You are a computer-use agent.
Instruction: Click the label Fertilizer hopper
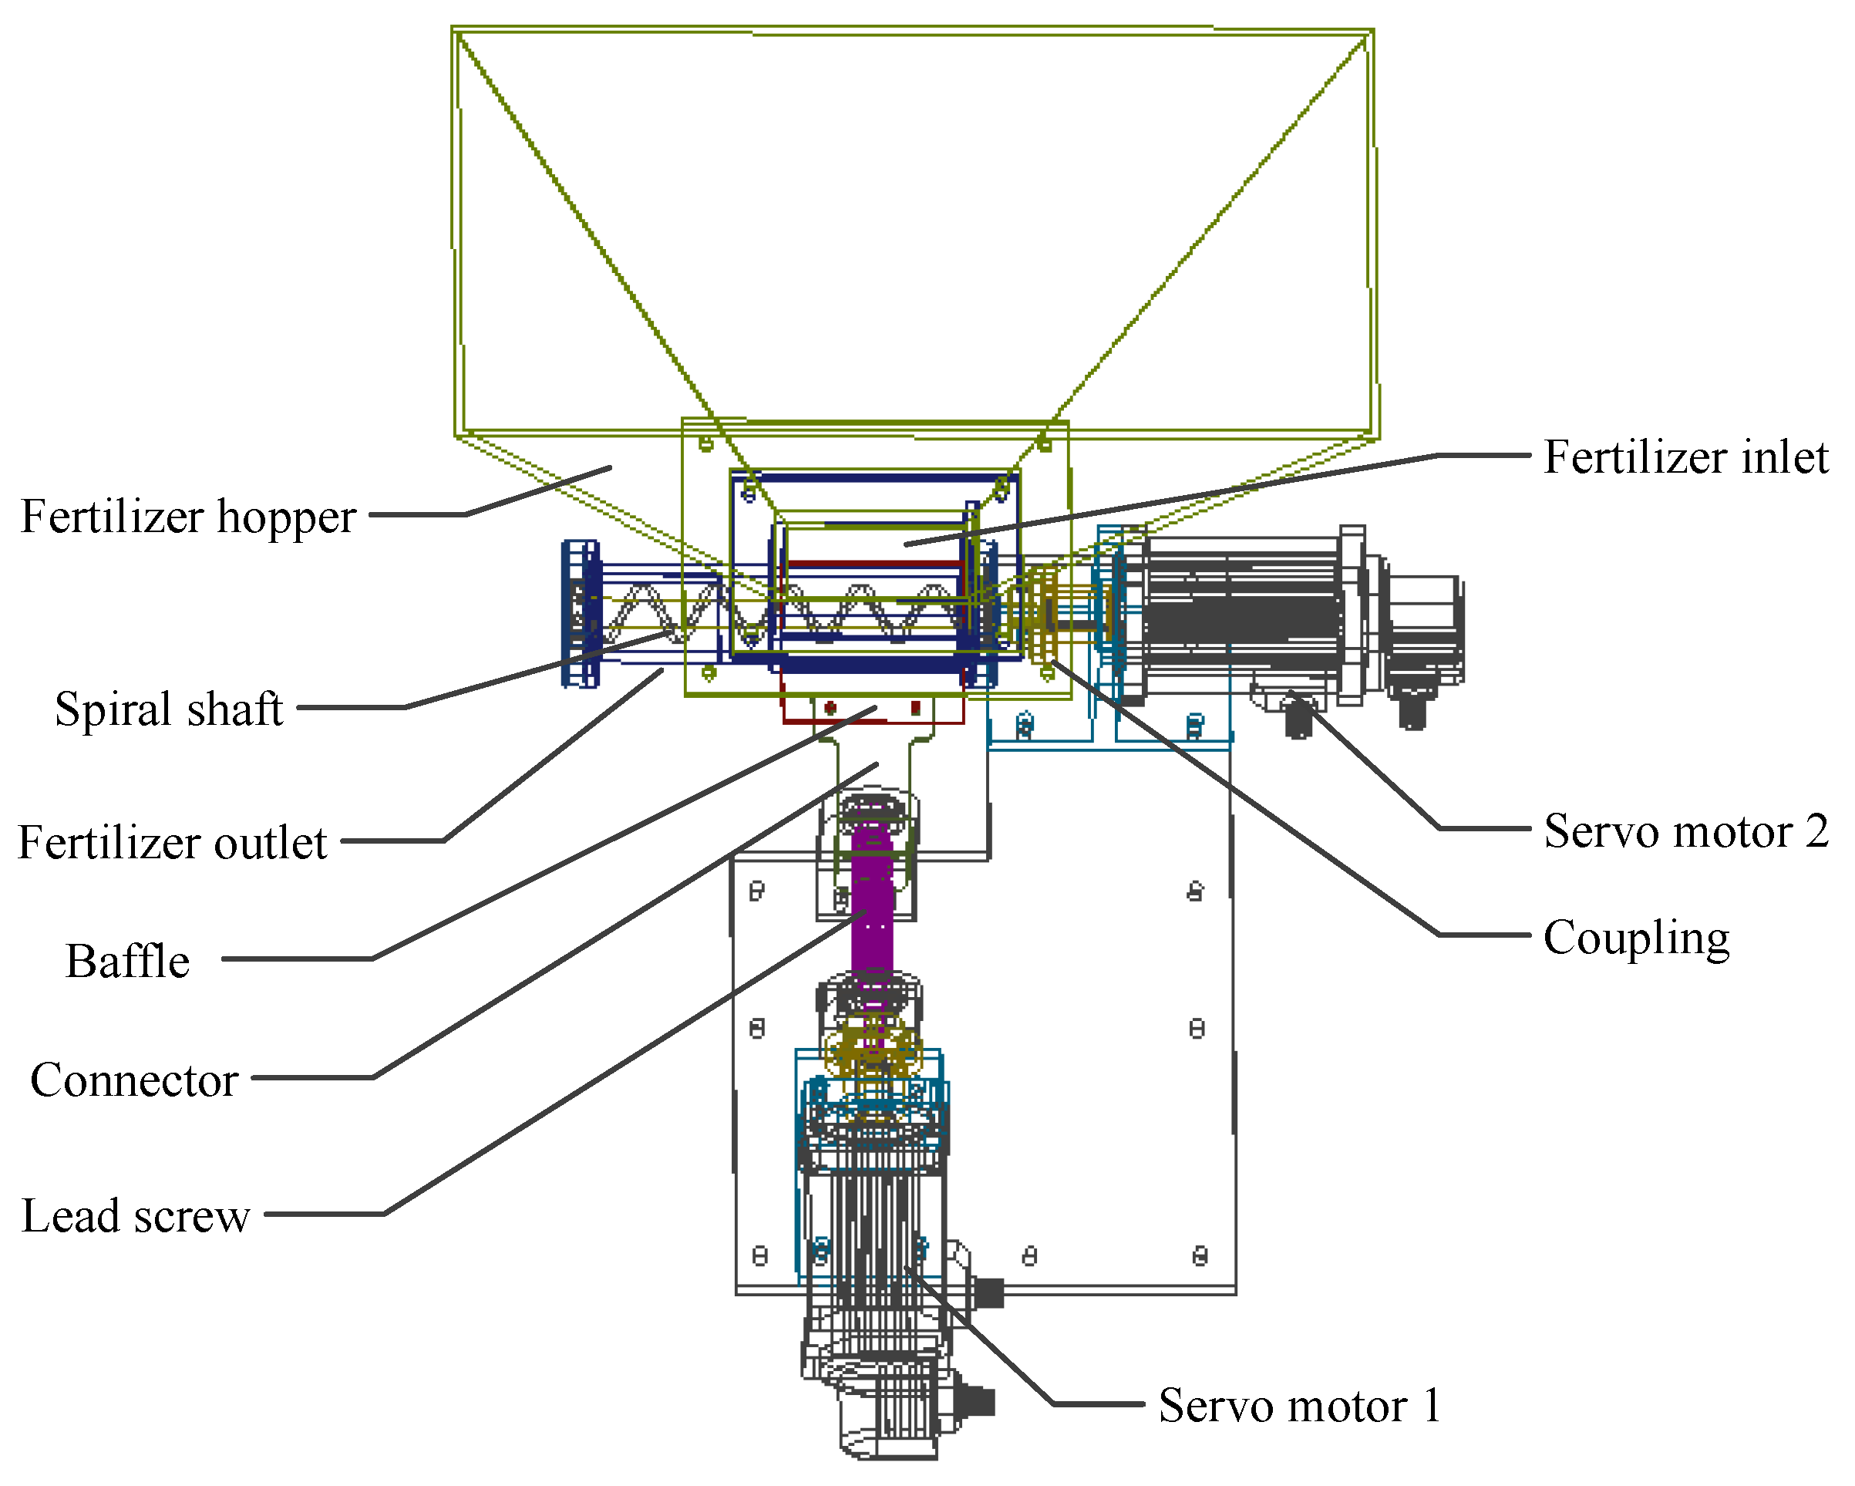point(187,517)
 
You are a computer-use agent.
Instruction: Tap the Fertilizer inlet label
point(1685,457)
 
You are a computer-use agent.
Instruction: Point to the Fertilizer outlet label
point(172,842)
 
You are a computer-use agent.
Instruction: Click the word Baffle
point(127,961)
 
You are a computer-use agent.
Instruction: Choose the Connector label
point(133,1080)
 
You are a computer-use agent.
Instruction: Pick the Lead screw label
point(135,1216)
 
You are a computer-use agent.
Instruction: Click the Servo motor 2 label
point(1685,831)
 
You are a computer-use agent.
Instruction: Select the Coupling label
point(1635,937)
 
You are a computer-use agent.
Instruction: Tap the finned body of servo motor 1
point(873,1221)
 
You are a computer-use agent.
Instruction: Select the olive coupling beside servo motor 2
point(1045,615)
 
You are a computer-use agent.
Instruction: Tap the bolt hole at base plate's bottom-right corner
point(1200,1257)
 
